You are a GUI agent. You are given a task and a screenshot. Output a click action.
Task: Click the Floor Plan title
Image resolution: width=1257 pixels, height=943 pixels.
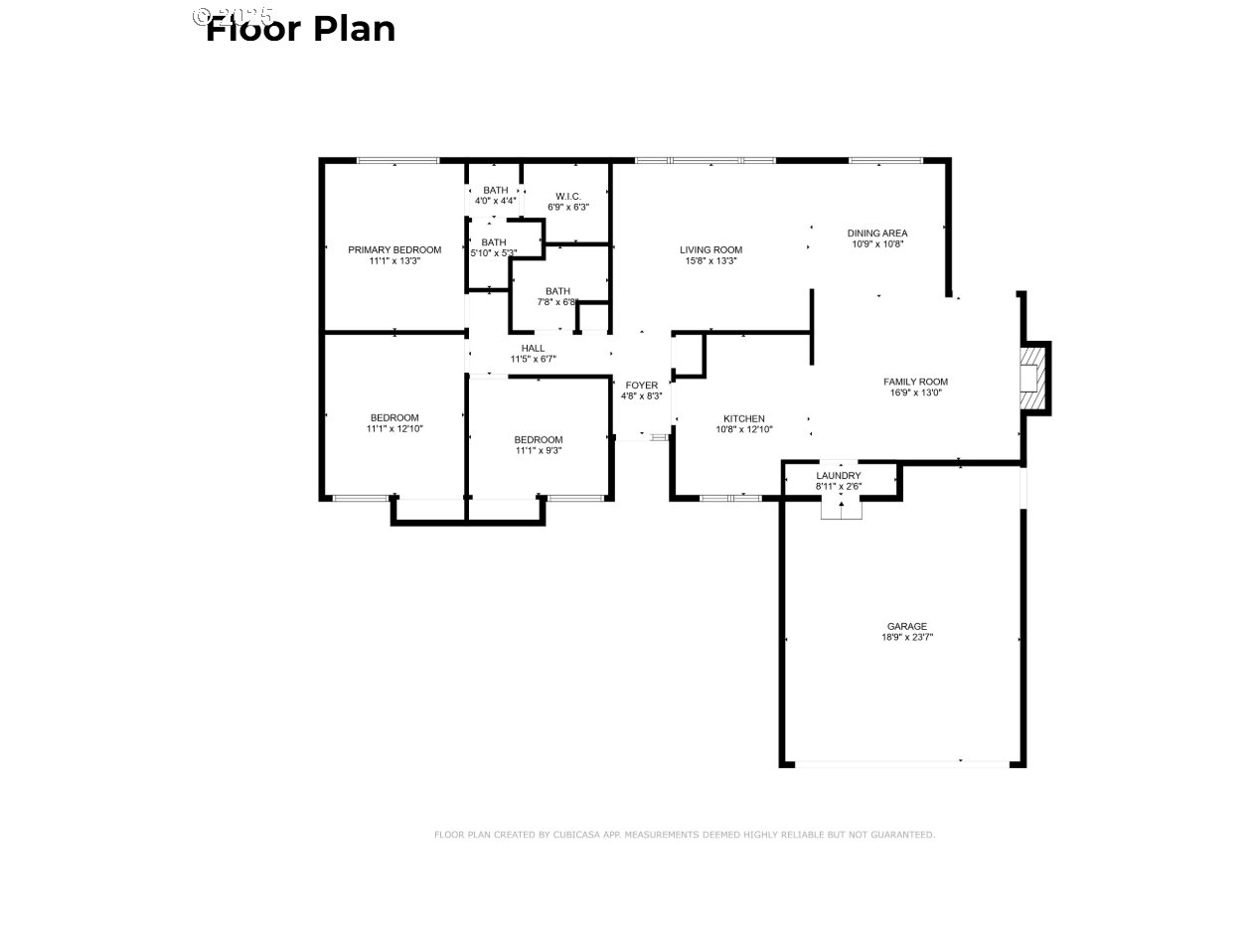click(x=300, y=29)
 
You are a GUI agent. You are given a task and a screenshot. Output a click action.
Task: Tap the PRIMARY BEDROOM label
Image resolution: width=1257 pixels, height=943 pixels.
click(x=394, y=249)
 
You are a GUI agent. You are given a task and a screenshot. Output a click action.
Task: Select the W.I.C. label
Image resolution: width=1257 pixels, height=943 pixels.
click(x=568, y=196)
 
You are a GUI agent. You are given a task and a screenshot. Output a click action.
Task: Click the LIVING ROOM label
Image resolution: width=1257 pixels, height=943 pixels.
click(x=710, y=249)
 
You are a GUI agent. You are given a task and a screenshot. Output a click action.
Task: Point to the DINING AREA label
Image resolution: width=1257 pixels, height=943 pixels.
click(x=876, y=234)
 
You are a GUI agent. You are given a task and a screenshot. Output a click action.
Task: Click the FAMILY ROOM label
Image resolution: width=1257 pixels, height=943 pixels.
click(x=915, y=382)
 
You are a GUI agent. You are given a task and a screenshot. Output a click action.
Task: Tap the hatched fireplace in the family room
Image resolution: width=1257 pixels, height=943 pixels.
click(x=1036, y=379)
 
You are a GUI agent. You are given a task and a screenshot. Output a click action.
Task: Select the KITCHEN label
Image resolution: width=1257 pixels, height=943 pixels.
click(x=743, y=418)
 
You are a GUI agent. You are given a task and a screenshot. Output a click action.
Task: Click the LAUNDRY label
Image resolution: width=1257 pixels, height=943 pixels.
click(x=838, y=476)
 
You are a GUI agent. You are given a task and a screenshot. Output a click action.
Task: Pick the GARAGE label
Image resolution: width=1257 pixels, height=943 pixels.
click(x=906, y=627)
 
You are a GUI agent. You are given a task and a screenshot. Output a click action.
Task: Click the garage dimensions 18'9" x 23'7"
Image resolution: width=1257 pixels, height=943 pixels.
click(x=906, y=638)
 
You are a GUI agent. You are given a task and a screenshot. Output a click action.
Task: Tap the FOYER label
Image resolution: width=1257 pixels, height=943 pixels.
click(x=641, y=385)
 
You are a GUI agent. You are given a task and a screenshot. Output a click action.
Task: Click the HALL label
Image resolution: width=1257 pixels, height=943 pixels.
click(x=533, y=348)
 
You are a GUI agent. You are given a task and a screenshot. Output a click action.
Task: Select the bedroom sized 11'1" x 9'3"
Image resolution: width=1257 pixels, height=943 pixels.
click(x=538, y=445)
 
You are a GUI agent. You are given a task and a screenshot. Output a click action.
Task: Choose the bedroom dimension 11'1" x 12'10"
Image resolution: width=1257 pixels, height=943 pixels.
click(x=394, y=428)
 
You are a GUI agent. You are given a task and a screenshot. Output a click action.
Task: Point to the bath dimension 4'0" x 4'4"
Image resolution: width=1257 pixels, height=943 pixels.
click(x=495, y=201)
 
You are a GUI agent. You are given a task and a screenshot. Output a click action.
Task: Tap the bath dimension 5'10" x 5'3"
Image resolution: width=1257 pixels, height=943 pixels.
click(x=493, y=252)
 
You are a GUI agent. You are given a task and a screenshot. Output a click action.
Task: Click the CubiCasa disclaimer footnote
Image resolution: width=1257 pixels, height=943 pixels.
click(x=684, y=835)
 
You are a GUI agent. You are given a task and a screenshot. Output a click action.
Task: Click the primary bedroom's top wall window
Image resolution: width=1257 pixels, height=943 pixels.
click(x=397, y=160)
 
